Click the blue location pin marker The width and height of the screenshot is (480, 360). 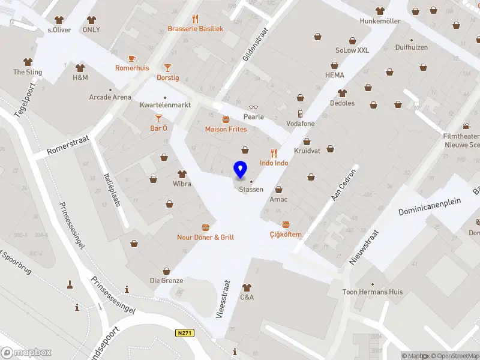[x=241, y=170]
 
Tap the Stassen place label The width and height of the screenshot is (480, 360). [x=251, y=190]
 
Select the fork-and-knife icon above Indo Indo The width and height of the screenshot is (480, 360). [x=274, y=153]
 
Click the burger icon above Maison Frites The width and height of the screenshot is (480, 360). [x=226, y=119]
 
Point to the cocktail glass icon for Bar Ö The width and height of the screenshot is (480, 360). [x=158, y=118]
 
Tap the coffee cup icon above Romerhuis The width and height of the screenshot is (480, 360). [x=132, y=58]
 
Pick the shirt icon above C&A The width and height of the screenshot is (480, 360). [x=247, y=287]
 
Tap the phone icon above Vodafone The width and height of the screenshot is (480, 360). [x=300, y=114]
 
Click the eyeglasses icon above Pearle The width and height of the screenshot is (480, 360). [x=253, y=107]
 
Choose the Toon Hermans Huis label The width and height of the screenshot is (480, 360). [x=373, y=292]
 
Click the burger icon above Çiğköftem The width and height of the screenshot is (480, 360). [x=286, y=224]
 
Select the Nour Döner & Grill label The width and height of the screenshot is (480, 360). [x=205, y=237]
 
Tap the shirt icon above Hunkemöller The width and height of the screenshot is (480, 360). [x=380, y=11]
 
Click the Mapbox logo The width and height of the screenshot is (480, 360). [x=26, y=352]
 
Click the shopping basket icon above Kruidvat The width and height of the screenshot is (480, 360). [x=307, y=142]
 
